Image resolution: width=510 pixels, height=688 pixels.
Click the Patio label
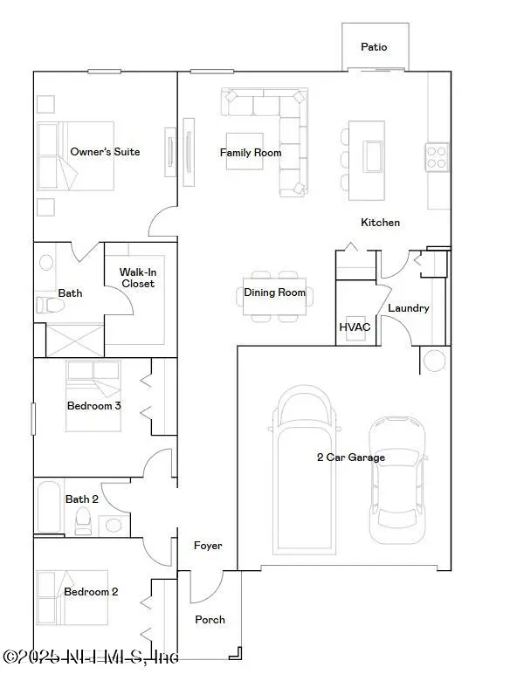pos(373,47)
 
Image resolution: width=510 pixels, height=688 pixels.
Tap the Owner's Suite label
pos(105,152)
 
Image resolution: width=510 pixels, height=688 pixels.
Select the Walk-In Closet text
pos(137,278)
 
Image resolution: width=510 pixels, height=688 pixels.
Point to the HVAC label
pos(355,327)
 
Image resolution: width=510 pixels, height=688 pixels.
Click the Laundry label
pos(408,308)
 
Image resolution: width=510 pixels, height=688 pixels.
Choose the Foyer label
pos(208,546)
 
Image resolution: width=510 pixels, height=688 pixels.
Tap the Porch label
pos(210,620)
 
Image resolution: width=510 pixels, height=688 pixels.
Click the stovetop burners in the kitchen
pos(437,156)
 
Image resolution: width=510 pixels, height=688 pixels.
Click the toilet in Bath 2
pos(84,522)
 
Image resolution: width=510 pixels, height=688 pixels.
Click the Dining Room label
pos(274,292)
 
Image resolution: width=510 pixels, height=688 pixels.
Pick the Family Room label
pos(251,153)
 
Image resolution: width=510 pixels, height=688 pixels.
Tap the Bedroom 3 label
pos(93,406)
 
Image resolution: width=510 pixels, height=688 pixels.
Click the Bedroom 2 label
pos(91,592)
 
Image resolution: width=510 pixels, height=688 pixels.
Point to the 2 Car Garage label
pos(350,458)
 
